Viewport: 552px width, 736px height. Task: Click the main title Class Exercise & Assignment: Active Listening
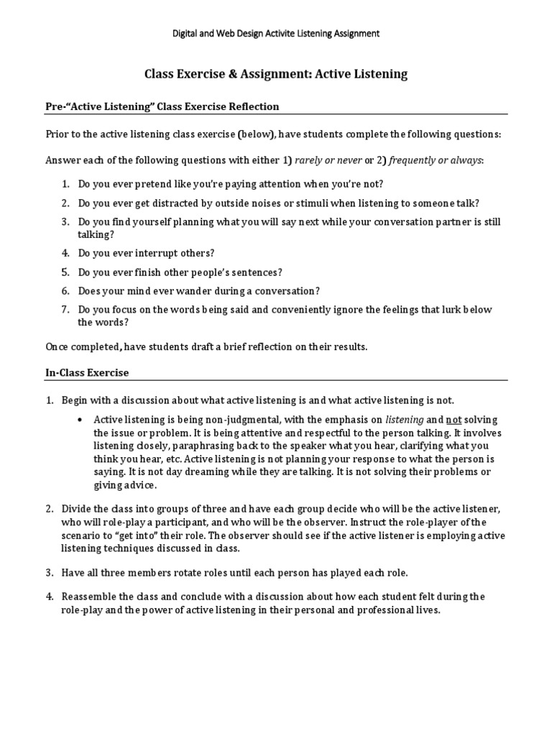click(276, 73)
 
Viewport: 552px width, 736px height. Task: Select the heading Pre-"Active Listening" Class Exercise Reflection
click(162, 106)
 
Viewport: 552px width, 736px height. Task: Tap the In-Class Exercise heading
click(87, 372)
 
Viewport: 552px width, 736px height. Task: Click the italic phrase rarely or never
click(328, 160)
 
